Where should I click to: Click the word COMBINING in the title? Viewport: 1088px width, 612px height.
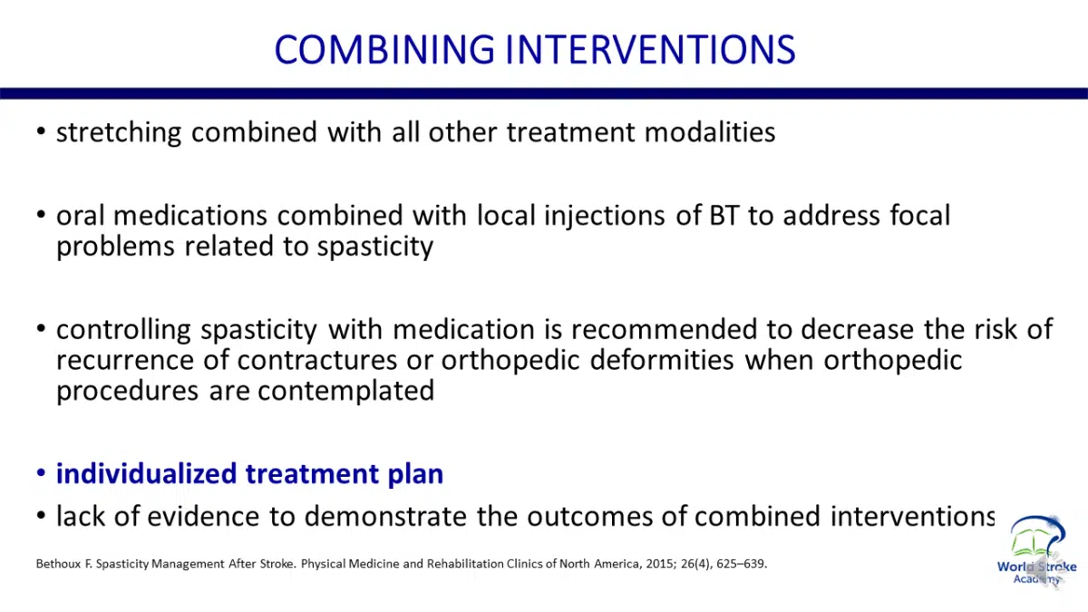tap(384, 50)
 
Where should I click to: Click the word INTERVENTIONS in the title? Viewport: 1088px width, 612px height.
tap(650, 50)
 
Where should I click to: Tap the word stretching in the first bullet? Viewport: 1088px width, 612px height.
tap(119, 133)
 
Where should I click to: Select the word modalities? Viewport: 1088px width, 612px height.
tap(710, 132)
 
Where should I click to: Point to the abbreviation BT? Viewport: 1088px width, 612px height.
tap(724, 216)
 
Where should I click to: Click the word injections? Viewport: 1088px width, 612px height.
tap(604, 217)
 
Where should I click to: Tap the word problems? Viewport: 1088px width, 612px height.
tap(115, 247)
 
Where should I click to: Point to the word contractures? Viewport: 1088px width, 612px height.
tap(317, 361)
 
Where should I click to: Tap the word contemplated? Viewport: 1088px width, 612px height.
tap(345, 392)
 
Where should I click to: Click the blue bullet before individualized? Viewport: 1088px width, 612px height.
tap(42, 472)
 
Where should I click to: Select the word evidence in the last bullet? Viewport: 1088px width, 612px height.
tap(203, 516)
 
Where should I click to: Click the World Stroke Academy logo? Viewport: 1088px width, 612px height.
tap(1037, 550)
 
